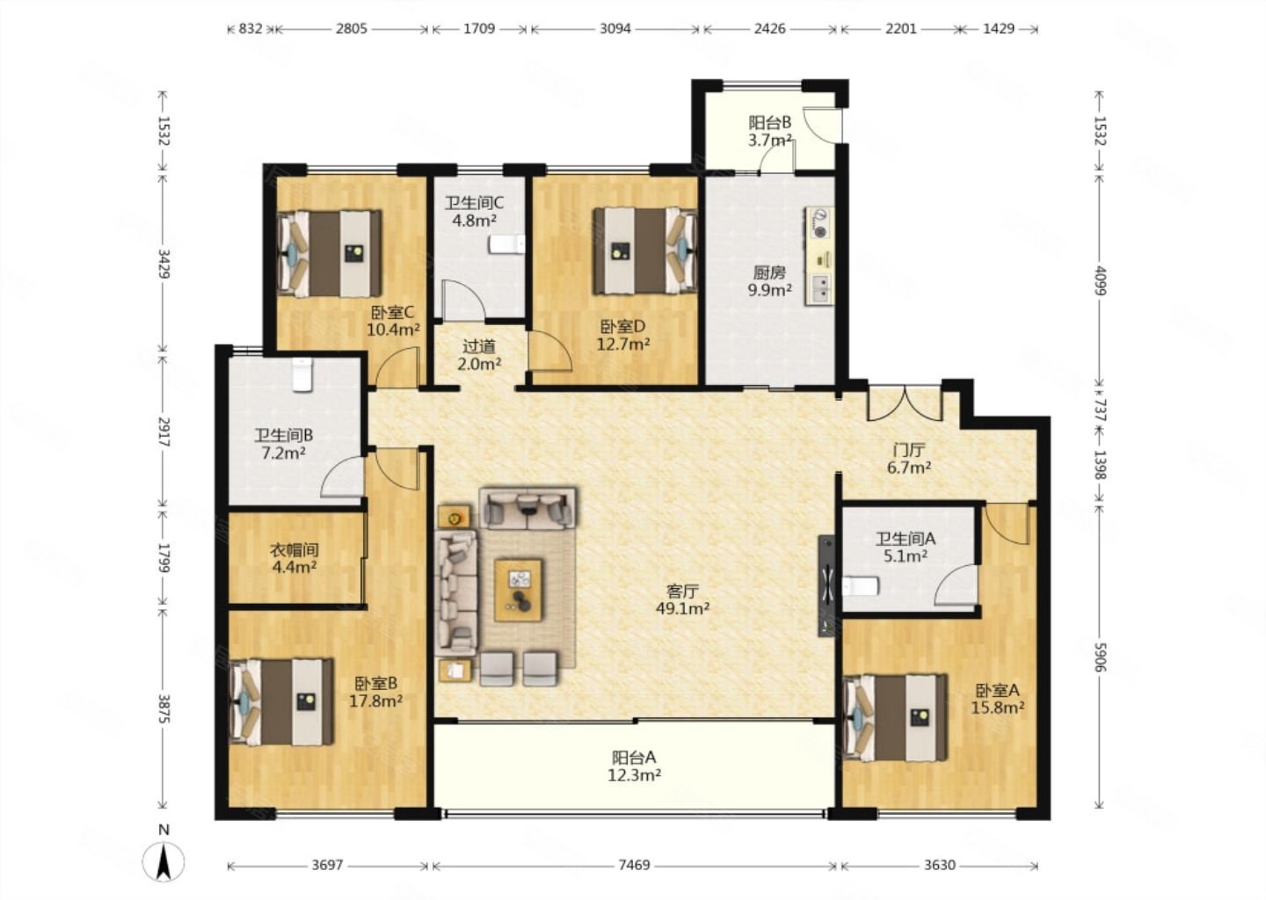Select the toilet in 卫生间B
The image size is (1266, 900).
point(302,374)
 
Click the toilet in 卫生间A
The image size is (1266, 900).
point(861,586)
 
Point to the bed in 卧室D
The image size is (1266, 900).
point(644,250)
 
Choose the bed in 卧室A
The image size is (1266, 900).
point(895,717)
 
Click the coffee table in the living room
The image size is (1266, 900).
point(519,590)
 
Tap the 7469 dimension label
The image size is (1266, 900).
point(634,865)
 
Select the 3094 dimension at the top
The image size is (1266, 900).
point(615,28)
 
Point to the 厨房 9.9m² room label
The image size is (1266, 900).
point(770,281)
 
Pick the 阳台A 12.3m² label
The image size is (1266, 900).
point(634,766)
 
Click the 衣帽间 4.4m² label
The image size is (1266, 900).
point(294,558)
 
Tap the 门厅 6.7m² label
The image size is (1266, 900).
point(909,459)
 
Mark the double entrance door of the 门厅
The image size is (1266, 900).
point(905,403)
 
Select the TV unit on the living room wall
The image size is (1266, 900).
point(826,586)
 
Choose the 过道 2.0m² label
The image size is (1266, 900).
point(478,355)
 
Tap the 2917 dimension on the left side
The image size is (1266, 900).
point(164,432)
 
